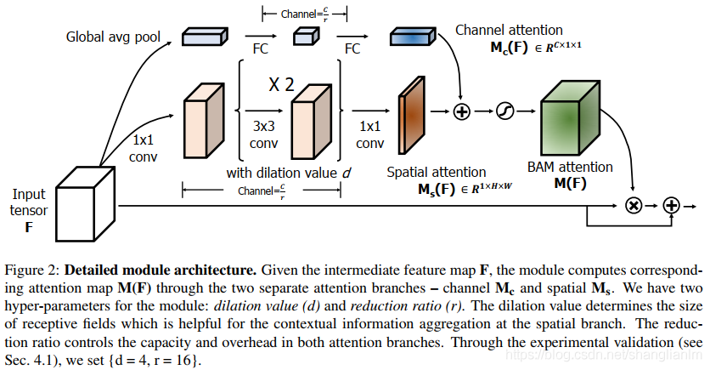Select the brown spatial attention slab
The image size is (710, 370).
click(x=412, y=111)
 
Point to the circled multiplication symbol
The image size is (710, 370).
click(x=633, y=206)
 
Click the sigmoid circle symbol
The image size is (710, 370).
click(x=505, y=112)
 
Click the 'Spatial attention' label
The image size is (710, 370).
click(x=437, y=172)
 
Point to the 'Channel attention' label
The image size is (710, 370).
click(x=509, y=31)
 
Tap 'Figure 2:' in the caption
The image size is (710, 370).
click(x=32, y=270)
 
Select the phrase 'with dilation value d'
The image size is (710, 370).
click(x=287, y=174)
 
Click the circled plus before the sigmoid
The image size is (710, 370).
click(x=462, y=112)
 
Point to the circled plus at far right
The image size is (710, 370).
click(x=672, y=206)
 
